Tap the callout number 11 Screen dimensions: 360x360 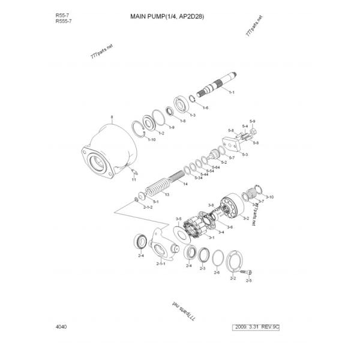click(x=134, y=179)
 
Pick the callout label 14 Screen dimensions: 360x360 click(x=185, y=184)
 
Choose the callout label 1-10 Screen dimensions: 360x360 click(x=152, y=139)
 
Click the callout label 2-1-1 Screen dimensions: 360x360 click(x=161, y=263)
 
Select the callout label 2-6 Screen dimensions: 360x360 click(x=217, y=272)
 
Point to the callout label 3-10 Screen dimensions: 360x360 click(x=270, y=197)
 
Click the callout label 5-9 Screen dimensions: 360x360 click(x=253, y=122)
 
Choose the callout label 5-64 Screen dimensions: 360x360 click(x=216, y=167)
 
